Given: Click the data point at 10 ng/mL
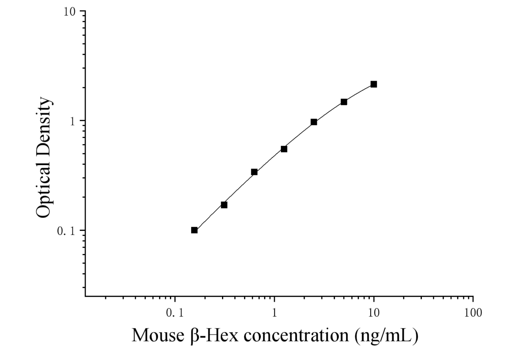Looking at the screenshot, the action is [x=374, y=84].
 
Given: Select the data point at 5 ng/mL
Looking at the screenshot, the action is [x=344, y=102].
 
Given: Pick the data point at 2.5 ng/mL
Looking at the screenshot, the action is [x=314, y=122].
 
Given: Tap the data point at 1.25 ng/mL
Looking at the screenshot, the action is [x=284, y=149].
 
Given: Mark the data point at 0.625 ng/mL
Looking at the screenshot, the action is [x=254, y=172].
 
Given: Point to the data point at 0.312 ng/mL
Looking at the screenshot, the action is [x=224, y=205].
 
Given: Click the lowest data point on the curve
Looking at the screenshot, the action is [x=195, y=230].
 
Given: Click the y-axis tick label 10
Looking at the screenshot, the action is [x=70, y=12].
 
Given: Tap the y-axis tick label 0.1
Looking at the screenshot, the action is [x=66, y=231].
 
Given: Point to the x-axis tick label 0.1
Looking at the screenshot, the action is [x=175, y=313].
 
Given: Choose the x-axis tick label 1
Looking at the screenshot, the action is [x=274, y=313].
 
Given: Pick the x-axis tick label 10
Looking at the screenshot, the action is [x=374, y=313].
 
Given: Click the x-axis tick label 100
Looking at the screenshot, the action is [x=473, y=313].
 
